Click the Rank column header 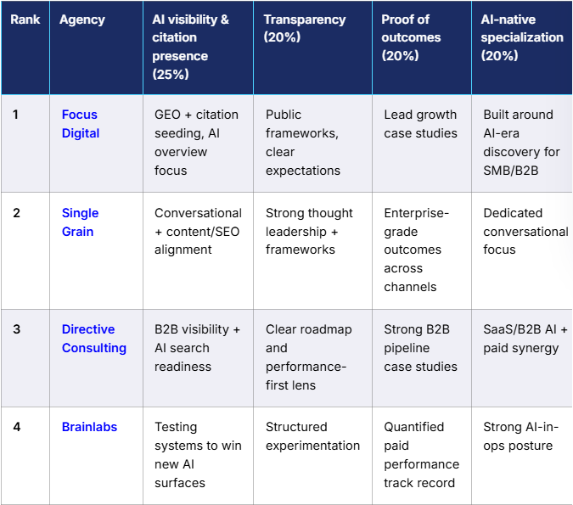pos(25,20)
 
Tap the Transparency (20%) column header pos(304,28)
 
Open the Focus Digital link pos(80,124)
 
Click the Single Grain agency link pos(80,222)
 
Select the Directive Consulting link pos(93,339)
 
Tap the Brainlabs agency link pos(89,427)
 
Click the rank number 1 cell pos(16,115)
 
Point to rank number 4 pos(17,427)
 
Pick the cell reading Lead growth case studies pos(420,124)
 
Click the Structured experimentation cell pos(312,436)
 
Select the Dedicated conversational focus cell pos(525,231)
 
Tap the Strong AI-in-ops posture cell pos(518,436)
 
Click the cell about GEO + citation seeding pos(196,143)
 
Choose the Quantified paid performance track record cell pos(421,455)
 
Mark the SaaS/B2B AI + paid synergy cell pos(525,339)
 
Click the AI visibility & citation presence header pos(190,47)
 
